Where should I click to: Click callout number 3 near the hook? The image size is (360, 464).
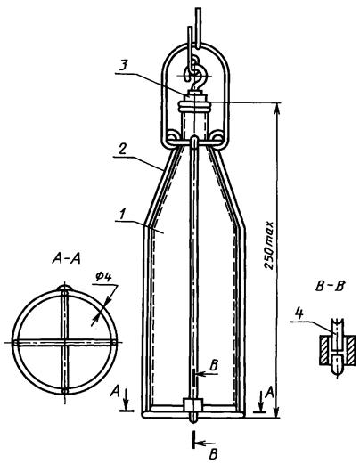point(122,65)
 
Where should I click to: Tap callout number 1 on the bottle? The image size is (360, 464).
point(121,214)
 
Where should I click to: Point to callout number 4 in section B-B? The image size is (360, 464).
point(299,313)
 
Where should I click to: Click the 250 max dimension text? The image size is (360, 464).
point(269,245)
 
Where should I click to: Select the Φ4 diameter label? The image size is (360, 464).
point(103,277)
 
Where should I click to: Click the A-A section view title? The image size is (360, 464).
point(66,259)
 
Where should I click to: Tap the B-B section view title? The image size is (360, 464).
point(330,287)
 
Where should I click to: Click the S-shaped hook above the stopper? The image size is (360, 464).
point(194,73)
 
